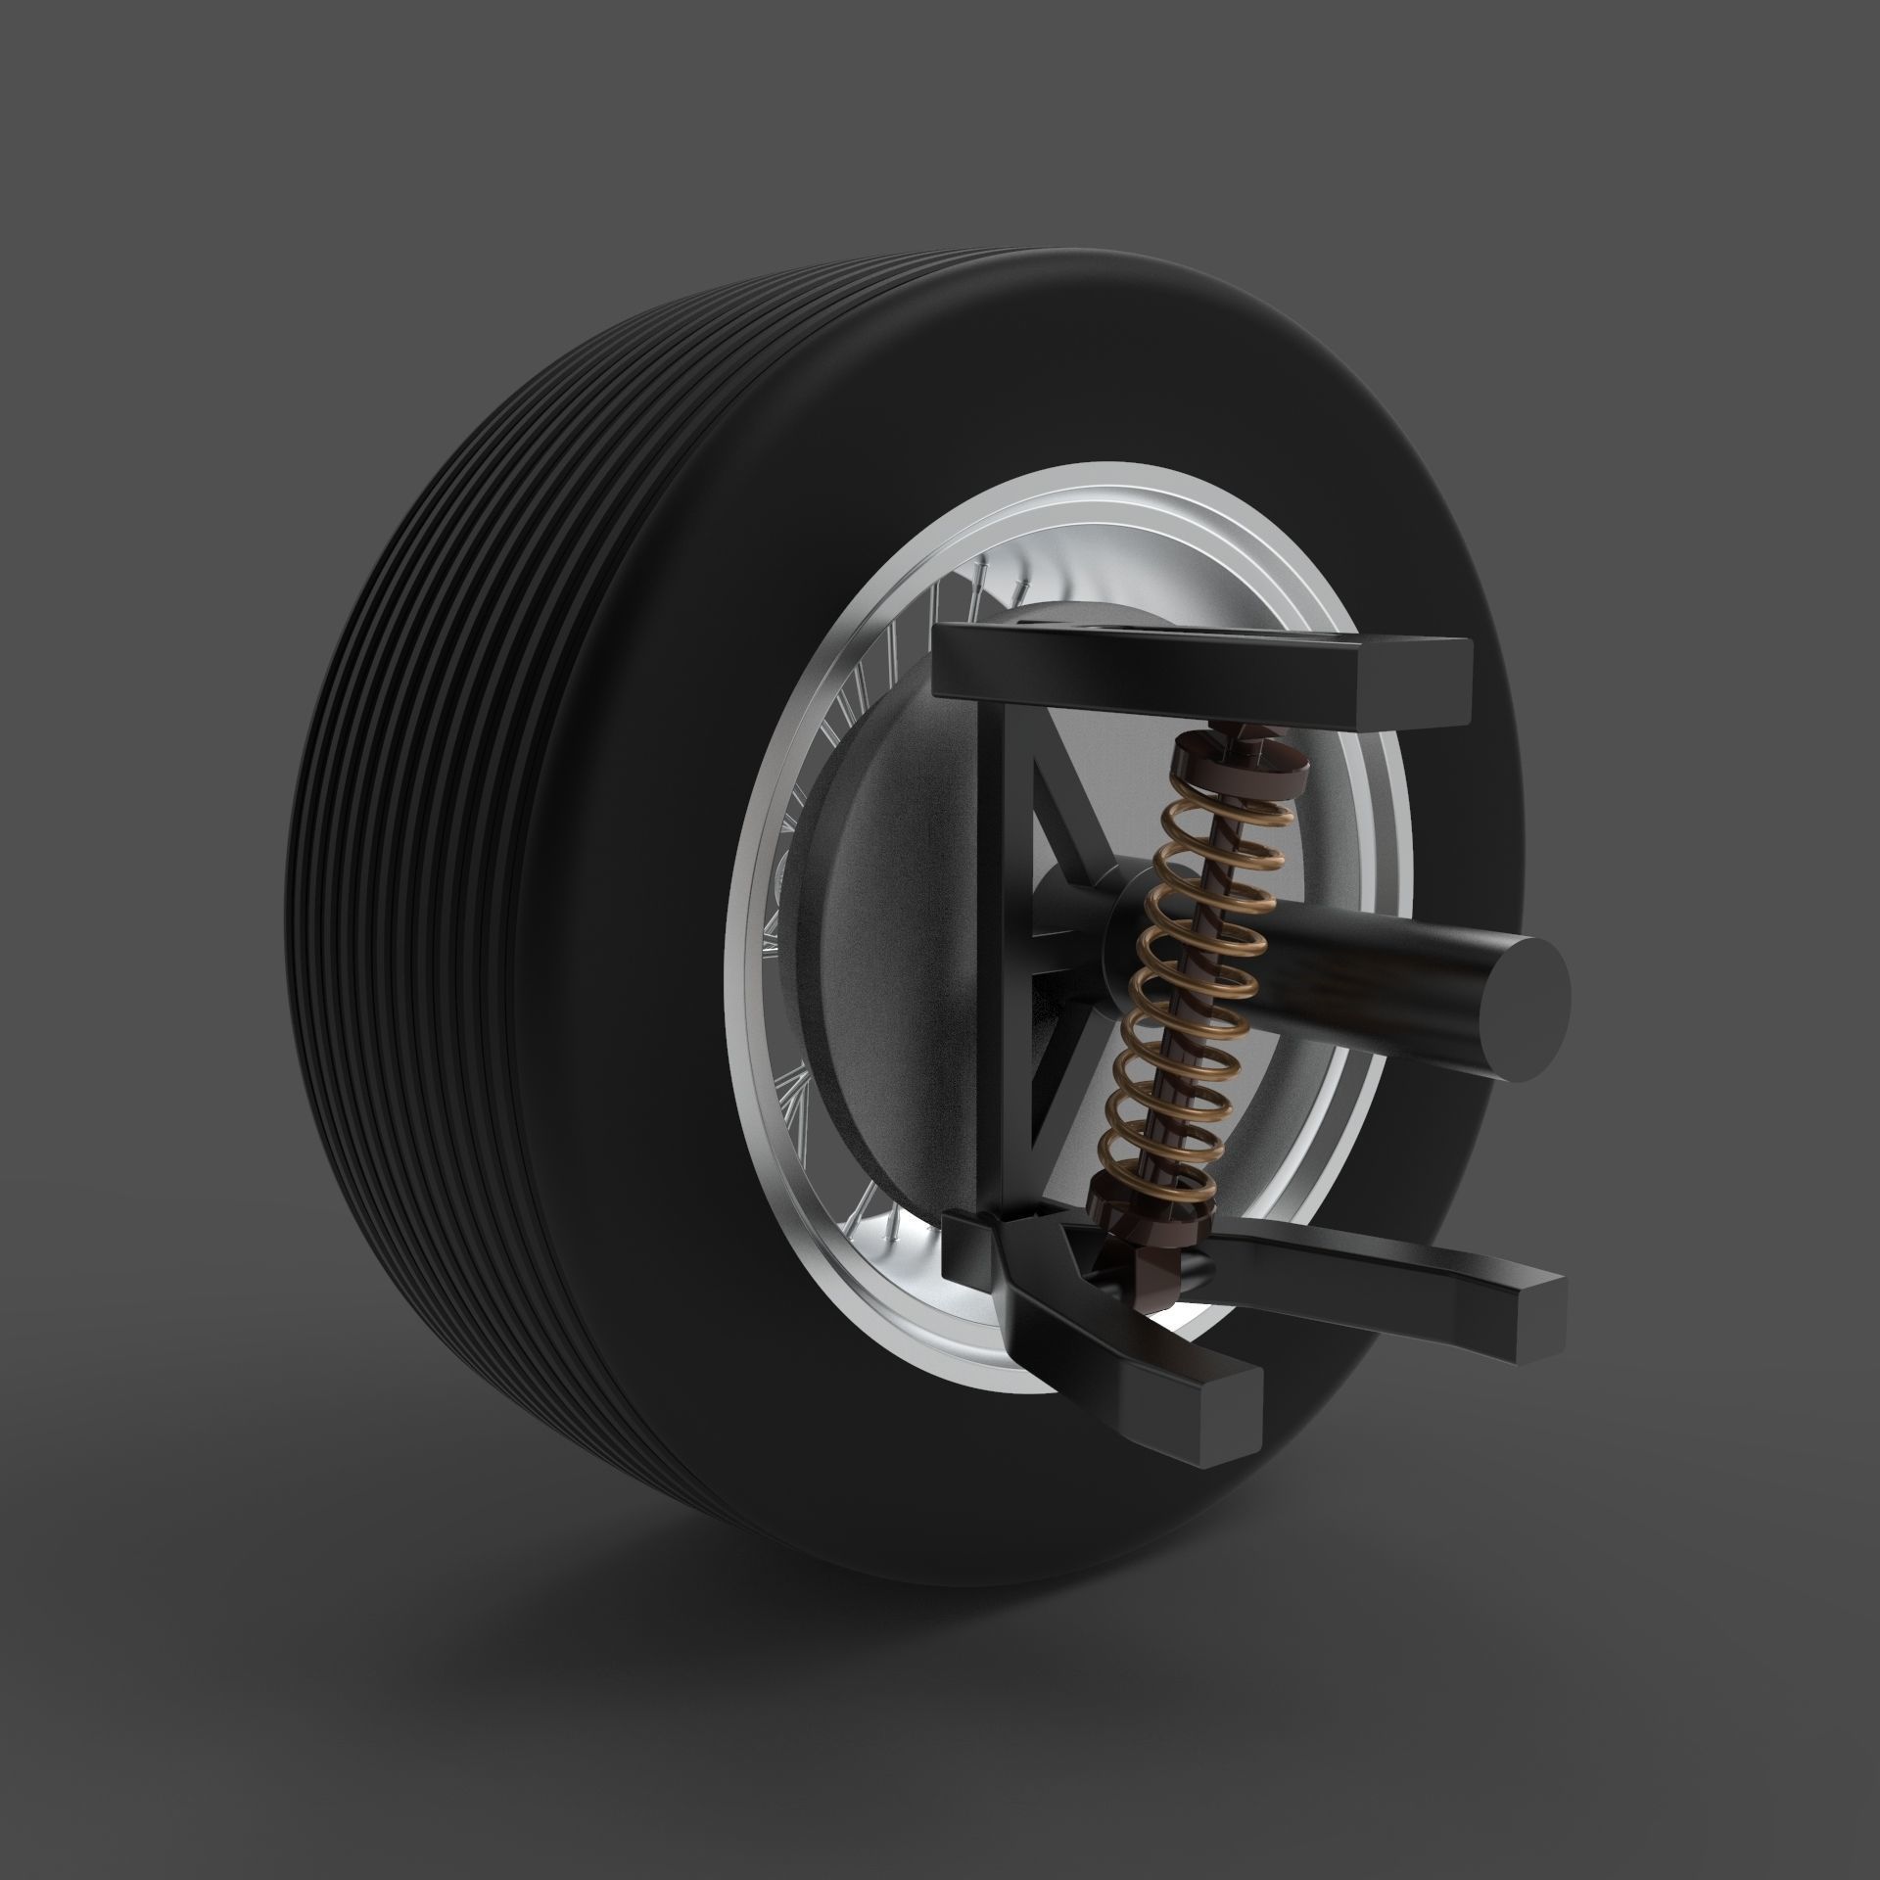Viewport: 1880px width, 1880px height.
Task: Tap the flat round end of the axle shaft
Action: (x=1523, y=1008)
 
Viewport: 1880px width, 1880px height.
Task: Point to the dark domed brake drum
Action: (x=881, y=979)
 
